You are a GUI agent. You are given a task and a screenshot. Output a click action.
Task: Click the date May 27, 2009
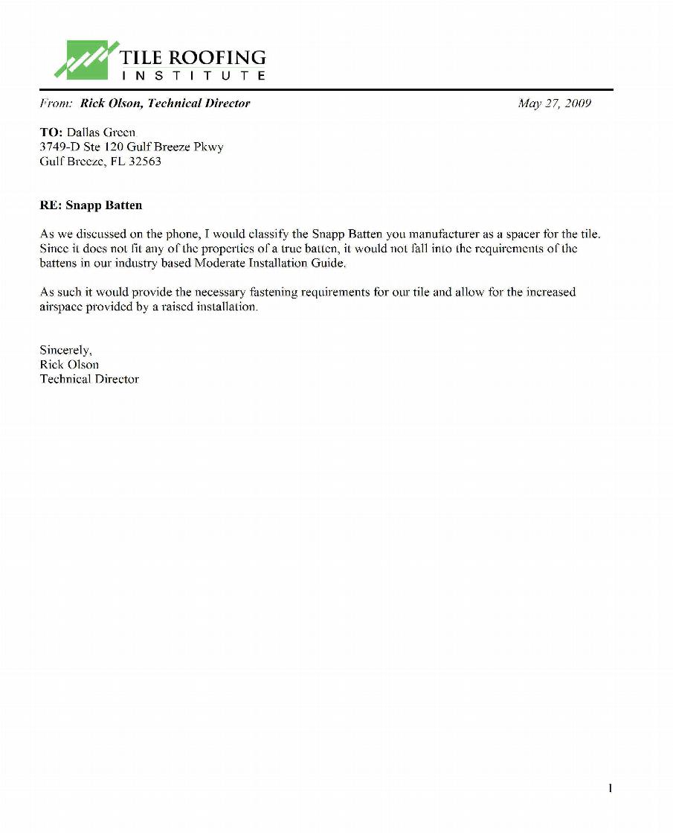point(554,103)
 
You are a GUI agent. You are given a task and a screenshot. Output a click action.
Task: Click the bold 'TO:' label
point(51,133)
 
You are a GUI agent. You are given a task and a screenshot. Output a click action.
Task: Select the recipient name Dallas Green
point(101,133)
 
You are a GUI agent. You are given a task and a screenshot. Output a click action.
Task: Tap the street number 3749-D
point(59,147)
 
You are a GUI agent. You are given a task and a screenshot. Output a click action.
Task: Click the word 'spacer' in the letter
point(521,234)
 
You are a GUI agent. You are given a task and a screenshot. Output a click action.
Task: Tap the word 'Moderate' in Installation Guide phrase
point(217,263)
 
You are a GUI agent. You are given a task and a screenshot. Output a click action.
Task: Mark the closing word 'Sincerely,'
point(65,350)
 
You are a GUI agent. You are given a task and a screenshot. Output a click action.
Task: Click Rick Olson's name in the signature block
point(69,365)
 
